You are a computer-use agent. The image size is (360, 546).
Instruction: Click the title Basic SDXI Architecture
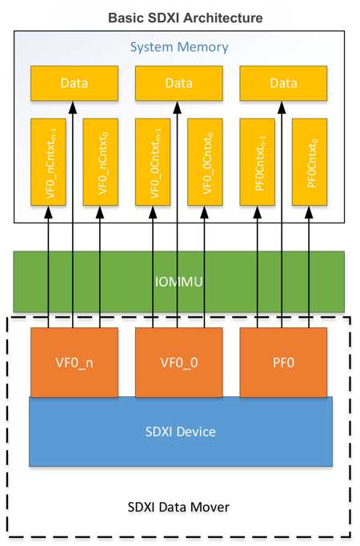point(185,18)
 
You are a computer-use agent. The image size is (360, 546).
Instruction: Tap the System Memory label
point(179,47)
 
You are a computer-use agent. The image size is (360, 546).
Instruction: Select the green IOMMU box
point(178,281)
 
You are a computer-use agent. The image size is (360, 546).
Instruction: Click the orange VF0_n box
point(74,362)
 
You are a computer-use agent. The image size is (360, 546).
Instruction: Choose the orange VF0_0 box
point(178,362)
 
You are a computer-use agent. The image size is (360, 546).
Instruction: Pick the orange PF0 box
point(283,362)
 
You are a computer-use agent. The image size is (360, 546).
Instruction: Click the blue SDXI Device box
point(181,432)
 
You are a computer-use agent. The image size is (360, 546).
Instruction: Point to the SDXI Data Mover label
point(178,507)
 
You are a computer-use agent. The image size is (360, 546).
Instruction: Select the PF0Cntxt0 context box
point(310,162)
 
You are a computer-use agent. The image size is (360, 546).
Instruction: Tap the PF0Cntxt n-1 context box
point(258,162)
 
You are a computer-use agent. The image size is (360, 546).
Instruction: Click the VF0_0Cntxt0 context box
point(205,162)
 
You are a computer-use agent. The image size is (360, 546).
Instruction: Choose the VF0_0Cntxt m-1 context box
point(153,162)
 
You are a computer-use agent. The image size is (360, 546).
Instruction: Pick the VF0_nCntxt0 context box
point(101,162)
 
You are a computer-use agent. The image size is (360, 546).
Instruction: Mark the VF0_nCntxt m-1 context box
point(48,162)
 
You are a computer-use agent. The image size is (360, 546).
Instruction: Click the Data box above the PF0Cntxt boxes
point(283,83)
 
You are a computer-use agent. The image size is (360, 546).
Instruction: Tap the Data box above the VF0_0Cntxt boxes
point(178,83)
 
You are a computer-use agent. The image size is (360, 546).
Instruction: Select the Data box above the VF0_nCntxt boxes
point(74,83)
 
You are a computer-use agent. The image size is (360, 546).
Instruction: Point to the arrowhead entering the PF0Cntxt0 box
point(309,212)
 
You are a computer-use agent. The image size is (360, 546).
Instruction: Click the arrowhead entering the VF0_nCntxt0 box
point(100,212)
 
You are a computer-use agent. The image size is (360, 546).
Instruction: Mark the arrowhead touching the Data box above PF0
point(282,107)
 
